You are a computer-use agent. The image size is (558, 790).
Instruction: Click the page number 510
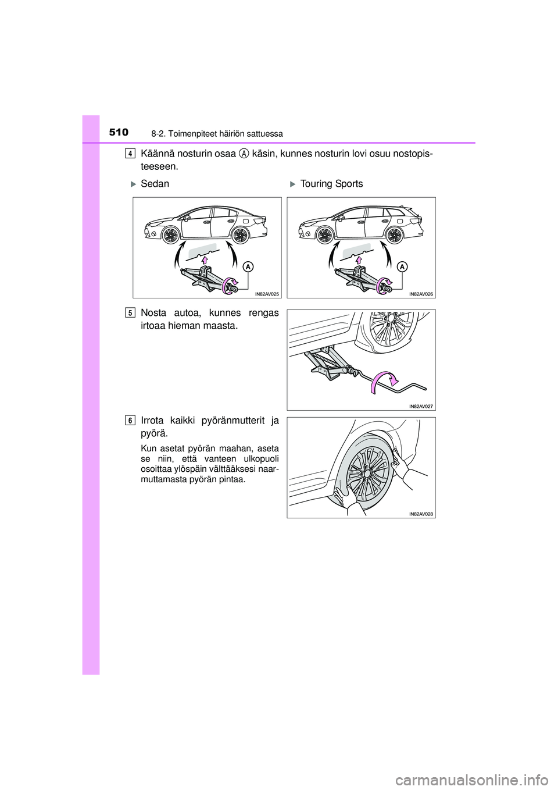(119, 133)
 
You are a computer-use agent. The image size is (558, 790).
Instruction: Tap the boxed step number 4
(131, 154)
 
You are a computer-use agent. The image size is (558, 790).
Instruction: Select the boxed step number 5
(131, 312)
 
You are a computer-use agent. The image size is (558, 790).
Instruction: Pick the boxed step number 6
(131, 420)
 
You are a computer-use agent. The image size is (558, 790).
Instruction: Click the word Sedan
(155, 184)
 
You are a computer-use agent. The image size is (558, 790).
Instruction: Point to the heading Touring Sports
(331, 184)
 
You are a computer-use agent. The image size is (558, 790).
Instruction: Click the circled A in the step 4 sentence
(244, 154)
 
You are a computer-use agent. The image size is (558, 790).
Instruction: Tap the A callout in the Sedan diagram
(248, 267)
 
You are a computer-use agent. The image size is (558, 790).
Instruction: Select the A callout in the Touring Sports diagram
(402, 267)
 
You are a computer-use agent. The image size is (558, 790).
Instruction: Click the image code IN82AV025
(267, 294)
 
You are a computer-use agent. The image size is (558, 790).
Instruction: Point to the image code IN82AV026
(421, 294)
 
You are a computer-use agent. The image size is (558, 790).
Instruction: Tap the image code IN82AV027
(421, 407)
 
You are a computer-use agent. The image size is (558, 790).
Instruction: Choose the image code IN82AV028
(421, 514)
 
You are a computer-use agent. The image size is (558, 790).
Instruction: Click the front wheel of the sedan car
(171, 235)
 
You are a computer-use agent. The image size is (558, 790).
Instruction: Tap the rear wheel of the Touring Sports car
(394, 235)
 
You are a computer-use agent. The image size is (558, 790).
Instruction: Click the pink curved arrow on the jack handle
(384, 379)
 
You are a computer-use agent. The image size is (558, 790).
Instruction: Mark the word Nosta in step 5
(153, 313)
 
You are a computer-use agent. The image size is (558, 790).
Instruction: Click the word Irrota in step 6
(153, 421)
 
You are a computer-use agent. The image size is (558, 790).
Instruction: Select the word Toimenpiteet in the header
(192, 134)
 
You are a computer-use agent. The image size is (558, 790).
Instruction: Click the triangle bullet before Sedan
(133, 184)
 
